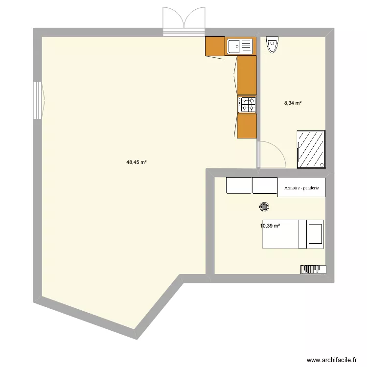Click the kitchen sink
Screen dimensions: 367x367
click(x=240, y=47)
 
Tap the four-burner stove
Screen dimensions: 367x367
click(x=247, y=104)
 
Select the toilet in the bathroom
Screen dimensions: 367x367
click(x=272, y=45)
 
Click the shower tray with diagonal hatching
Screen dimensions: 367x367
click(x=311, y=149)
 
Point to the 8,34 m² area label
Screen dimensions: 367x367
click(x=293, y=103)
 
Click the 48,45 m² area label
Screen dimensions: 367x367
click(x=137, y=163)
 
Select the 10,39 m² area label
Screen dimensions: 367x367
click(x=270, y=226)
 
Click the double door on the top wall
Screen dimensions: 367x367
click(x=184, y=22)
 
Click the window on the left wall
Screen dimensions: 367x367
click(x=38, y=100)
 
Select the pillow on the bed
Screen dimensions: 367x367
click(x=315, y=233)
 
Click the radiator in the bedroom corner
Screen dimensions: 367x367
click(x=312, y=269)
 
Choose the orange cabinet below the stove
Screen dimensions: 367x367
click(x=247, y=126)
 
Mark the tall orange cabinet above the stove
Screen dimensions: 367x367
click(x=247, y=75)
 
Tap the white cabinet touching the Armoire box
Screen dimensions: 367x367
click(x=264, y=185)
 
